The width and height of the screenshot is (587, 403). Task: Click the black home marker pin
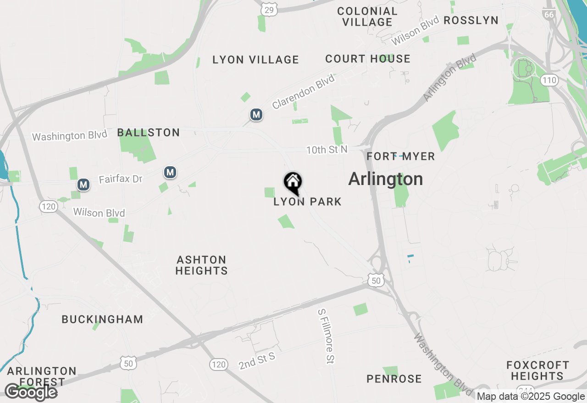pos(293,183)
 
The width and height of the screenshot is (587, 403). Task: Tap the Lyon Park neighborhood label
pos(307,201)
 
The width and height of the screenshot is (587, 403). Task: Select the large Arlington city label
pos(386,179)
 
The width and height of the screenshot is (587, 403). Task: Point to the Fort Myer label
pos(401,156)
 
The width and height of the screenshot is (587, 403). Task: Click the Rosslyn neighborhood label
pos(471,20)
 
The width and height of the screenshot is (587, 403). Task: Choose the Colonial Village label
pos(367,16)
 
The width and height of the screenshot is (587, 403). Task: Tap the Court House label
pos(368,59)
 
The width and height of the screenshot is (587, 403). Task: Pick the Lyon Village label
pos(256,60)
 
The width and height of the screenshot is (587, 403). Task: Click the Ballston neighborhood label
pos(149,133)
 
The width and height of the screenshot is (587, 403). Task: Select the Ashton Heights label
pos(202,265)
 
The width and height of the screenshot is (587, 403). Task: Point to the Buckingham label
pos(102,319)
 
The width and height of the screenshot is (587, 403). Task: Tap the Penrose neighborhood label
pos(394,379)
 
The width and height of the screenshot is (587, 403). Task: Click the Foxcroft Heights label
pos(538,370)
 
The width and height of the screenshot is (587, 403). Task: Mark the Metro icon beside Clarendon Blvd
pos(256,115)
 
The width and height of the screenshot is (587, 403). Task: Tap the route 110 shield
pos(549,81)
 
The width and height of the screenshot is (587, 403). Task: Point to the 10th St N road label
pos(327,149)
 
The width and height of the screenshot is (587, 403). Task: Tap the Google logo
pos(30,392)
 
